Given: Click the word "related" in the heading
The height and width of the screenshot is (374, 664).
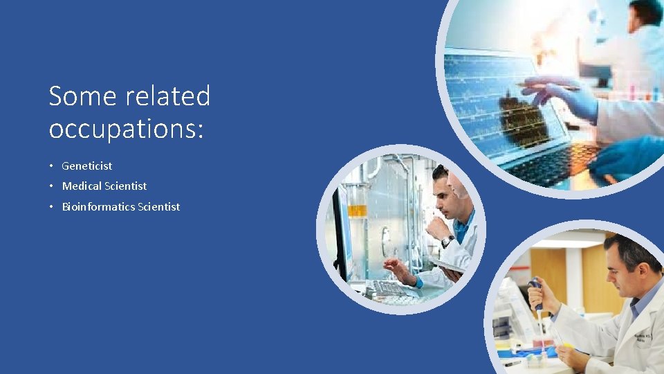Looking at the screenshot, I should click(169, 96).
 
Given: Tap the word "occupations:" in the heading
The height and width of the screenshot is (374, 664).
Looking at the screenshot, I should click(127, 129).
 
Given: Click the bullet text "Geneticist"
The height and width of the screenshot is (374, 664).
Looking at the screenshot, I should click(87, 166).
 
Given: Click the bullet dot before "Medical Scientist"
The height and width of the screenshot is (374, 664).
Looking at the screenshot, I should click(52, 186).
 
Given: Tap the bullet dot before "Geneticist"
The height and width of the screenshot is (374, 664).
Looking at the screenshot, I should click(52, 166).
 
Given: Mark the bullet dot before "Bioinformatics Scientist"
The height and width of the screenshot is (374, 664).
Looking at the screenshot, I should click(52, 207).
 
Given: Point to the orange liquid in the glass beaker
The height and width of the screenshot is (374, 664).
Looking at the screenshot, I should click(357, 211).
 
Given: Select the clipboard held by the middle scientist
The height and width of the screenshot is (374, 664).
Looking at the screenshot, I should click(447, 266).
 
